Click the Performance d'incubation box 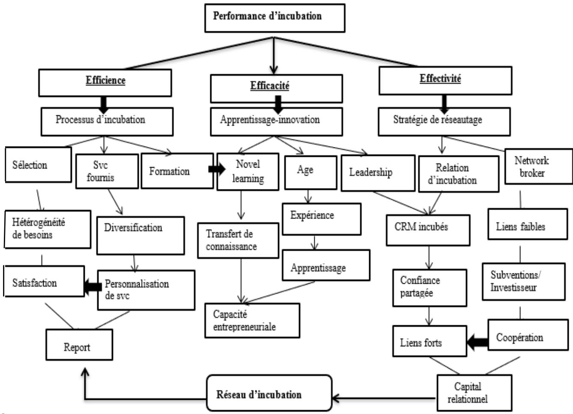point(275,17)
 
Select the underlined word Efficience point(105,80)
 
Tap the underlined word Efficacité point(270,86)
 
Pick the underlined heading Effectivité point(440,79)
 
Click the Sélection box point(38,165)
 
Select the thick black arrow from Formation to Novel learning point(217,169)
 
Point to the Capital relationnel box point(474,393)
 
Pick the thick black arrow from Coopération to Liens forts point(477,342)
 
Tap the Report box point(79,347)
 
